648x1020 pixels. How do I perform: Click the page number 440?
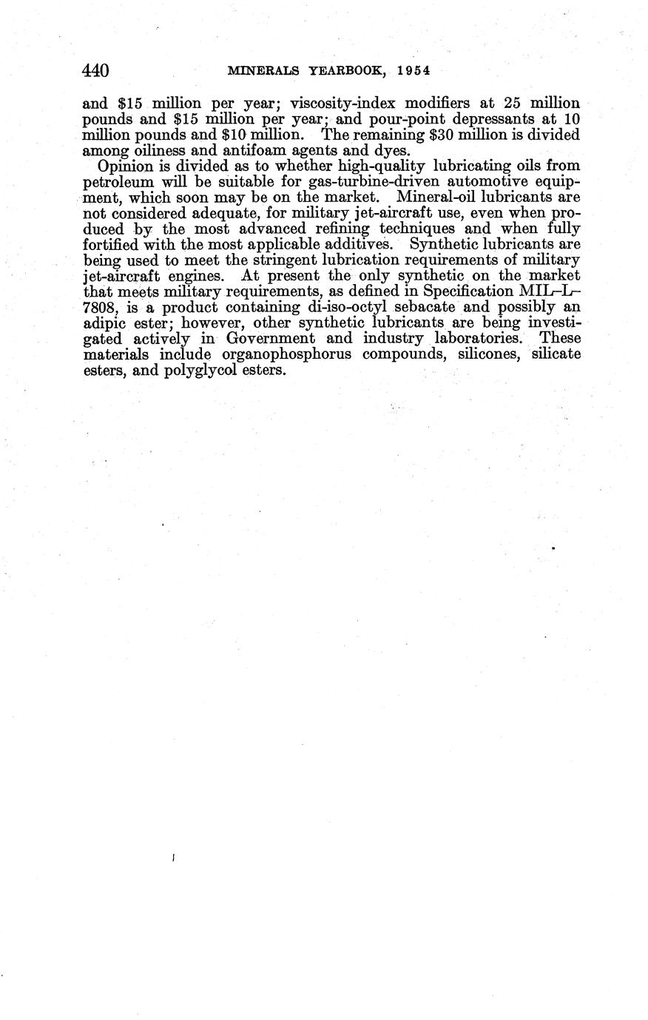pyautogui.click(x=96, y=71)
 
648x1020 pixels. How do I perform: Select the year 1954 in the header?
pyautogui.click(x=413, y=71)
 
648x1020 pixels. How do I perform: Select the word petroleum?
pyautogui.click(x=118, y=182)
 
